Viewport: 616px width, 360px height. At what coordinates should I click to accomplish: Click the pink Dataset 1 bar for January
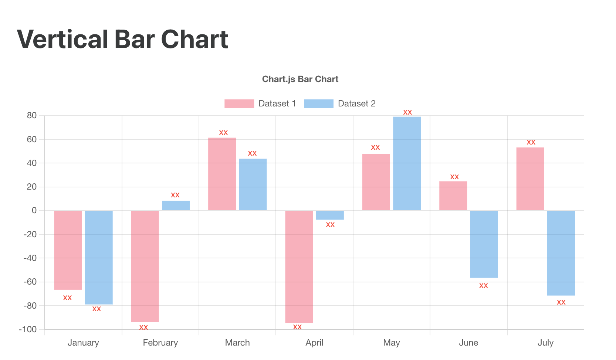tap(68, 250)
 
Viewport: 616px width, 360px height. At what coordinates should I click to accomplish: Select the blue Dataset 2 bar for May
tap(407, 163)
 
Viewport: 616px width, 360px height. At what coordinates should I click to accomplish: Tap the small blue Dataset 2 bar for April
tap(330, 215)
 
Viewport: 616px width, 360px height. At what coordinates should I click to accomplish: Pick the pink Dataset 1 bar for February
tap(145, 266)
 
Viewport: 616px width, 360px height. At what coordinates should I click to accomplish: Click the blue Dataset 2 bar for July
tap(561, 253)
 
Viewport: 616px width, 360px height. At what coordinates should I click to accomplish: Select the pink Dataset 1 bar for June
tap(453, 196)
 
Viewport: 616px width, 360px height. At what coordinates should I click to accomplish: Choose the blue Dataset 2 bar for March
tap(253, 184)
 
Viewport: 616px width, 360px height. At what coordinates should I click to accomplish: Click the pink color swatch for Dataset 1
tap(239, 103)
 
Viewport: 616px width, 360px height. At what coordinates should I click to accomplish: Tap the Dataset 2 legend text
tap(356, 103)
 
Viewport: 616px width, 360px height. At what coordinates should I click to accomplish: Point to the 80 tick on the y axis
tap(32, 116)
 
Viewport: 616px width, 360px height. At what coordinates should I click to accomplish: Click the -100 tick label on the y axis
tap(28, 329)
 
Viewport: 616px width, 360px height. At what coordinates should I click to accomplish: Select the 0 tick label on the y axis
tap(34, 211)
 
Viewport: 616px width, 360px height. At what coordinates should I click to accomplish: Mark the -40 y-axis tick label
tap(30, 258)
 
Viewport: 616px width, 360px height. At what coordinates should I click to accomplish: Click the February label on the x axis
tap(160, 343)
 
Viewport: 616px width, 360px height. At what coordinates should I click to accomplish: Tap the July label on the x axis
tap(545, 343)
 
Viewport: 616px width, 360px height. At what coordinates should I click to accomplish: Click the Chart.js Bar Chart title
tap(300, 79)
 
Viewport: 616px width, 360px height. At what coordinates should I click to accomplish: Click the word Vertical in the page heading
tap(62, 39)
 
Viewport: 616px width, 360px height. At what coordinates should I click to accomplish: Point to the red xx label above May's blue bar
tap(407, 112)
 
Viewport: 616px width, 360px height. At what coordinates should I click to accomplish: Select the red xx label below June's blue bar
tap(483, 286)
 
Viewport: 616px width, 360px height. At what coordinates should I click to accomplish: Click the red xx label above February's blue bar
tap(175, 195)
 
